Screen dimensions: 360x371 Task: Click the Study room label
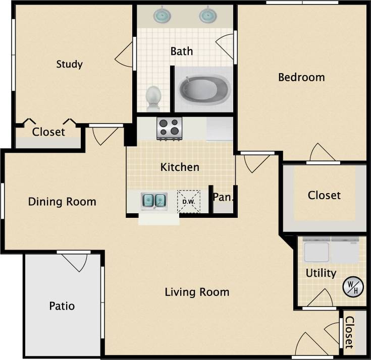click(x=69, y=64)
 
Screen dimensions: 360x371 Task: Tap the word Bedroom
click(x=301, y=77)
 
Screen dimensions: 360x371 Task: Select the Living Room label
click(x=197, y=292)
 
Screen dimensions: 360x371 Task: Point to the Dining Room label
click(x=62, y=202)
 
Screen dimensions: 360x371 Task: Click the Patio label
click(x=62, y=306)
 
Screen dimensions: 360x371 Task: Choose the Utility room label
click(x=321, y=273)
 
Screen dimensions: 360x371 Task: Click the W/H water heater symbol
click(x=353, y=287)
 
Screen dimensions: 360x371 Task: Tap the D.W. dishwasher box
click(x=189, y=202)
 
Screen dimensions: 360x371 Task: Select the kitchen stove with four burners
click(x=169, y=128)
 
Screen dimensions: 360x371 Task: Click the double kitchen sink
click(x=154, y=201)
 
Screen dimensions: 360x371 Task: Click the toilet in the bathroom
click(x=153, y=97)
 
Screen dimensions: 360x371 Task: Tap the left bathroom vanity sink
click(x=162, y=15)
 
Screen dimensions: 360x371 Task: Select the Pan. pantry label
click(x=222, y=197)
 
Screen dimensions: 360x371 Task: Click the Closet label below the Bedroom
click(x=324, y=195)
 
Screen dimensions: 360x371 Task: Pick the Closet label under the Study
click(x=48, y=132)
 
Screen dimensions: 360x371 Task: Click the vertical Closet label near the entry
click(x=349, y=332)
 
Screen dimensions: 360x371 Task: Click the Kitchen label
click(x=180, y=167)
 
